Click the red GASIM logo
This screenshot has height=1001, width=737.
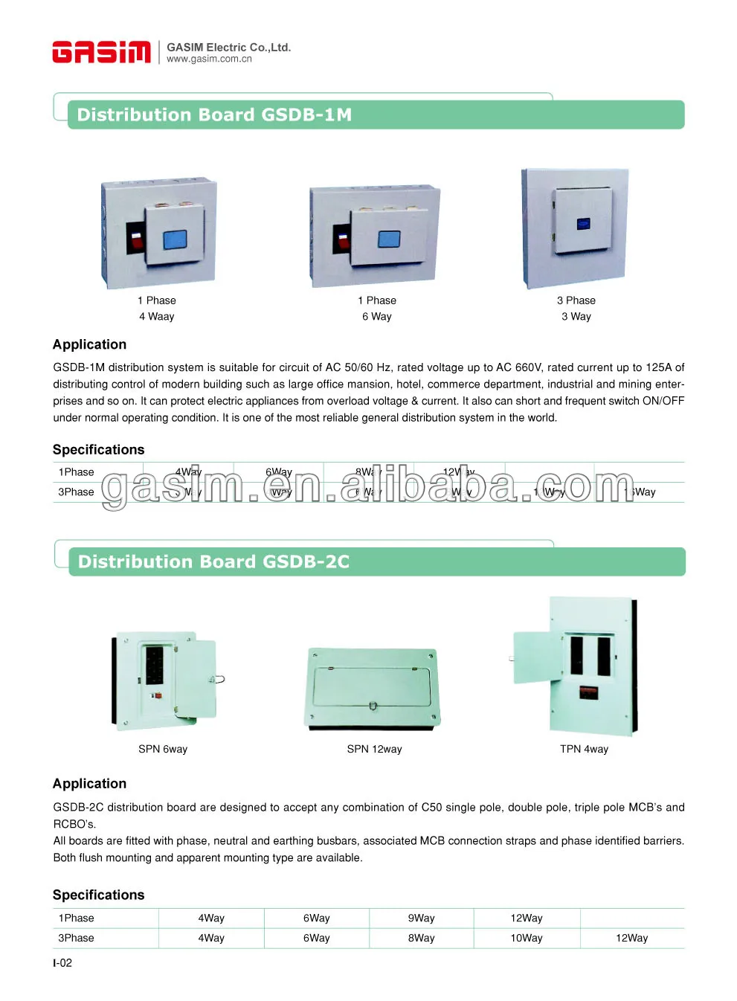coord(101,52)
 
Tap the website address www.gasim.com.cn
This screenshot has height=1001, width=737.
coord(209,59)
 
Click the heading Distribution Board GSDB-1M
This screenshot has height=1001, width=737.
coord(214,115)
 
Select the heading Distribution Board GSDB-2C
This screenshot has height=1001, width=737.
coord(213,562)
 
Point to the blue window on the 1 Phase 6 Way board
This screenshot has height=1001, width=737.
coord(389,239)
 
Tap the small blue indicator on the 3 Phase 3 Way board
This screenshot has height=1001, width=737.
coord(583,223)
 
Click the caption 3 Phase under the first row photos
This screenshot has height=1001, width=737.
coord(576,300)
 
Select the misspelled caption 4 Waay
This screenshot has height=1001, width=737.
coord(156,317)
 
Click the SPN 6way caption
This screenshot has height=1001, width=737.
coord(163,750)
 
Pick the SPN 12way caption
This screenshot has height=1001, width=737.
coord(374,750)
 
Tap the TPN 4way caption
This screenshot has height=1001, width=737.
coord(584,750)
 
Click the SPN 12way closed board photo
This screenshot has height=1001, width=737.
coord(373,688)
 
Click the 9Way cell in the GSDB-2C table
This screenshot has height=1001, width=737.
coord(421,918)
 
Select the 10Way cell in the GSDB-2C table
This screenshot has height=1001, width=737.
coord(527,939)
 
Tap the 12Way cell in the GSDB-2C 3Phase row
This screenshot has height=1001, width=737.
coord(631,939)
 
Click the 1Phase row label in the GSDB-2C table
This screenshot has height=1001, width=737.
coord(76,918)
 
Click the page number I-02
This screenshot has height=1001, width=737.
coord(62,963)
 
